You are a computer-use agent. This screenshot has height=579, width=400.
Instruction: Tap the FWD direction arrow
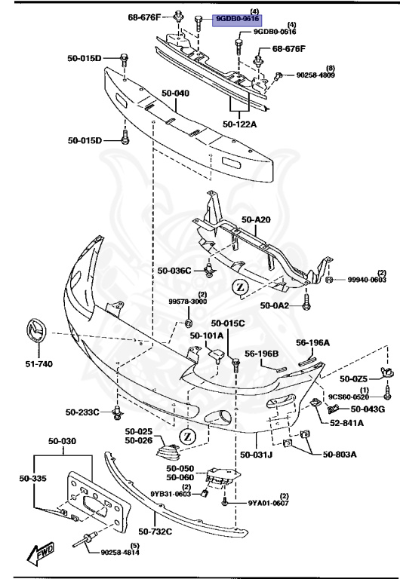pyautogui.click(x=40, y=556)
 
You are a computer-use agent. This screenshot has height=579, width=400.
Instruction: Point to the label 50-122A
pyautogui.click(x=240, y=124)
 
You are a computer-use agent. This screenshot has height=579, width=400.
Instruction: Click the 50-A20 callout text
pyautogui.click(x=255, y=220)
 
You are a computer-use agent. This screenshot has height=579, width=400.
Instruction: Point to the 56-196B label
pyautogui.click(x=261, y=353)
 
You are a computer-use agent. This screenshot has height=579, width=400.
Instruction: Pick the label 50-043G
pyautogui.click(x=368, y=409)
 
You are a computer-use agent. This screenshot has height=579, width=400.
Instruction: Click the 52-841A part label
pyautogui.click(x=346, y=424)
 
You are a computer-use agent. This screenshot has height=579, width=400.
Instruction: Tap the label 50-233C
pyautogui.click(x=83, y=412)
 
